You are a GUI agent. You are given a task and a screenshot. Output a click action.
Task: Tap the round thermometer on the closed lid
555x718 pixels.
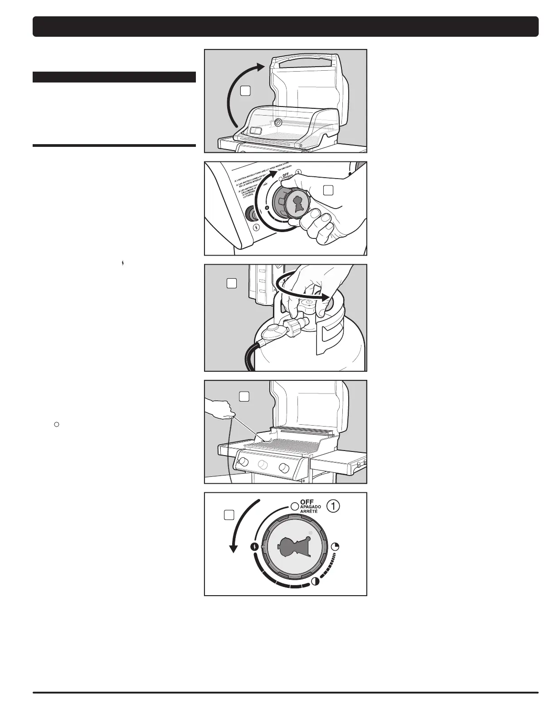coord(277,123)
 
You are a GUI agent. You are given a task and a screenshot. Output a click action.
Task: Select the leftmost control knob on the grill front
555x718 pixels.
coord(243,462)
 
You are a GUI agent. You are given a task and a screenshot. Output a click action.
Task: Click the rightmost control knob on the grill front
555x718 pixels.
coord(284,467)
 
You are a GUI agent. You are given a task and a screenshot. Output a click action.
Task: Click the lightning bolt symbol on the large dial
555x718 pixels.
coord(255,547)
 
